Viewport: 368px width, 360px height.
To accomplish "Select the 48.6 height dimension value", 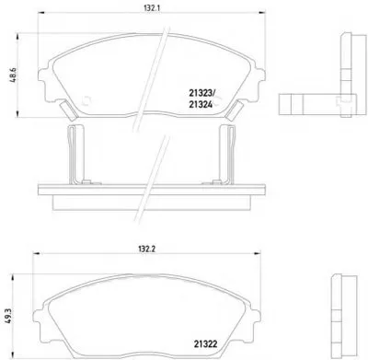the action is click(x=14, y=75).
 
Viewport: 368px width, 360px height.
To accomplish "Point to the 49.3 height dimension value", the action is click(x=8, y=316).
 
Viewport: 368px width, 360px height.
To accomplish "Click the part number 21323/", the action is click(x=202, y=92).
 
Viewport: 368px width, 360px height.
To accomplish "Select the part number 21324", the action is click(x=201, y=105).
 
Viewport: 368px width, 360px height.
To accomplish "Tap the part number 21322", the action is click(x=205, y=344).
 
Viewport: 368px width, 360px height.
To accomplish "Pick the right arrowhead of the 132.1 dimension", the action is click(x=262, y=13).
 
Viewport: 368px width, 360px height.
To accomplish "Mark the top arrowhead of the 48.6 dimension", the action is click(x=18, y=36).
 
